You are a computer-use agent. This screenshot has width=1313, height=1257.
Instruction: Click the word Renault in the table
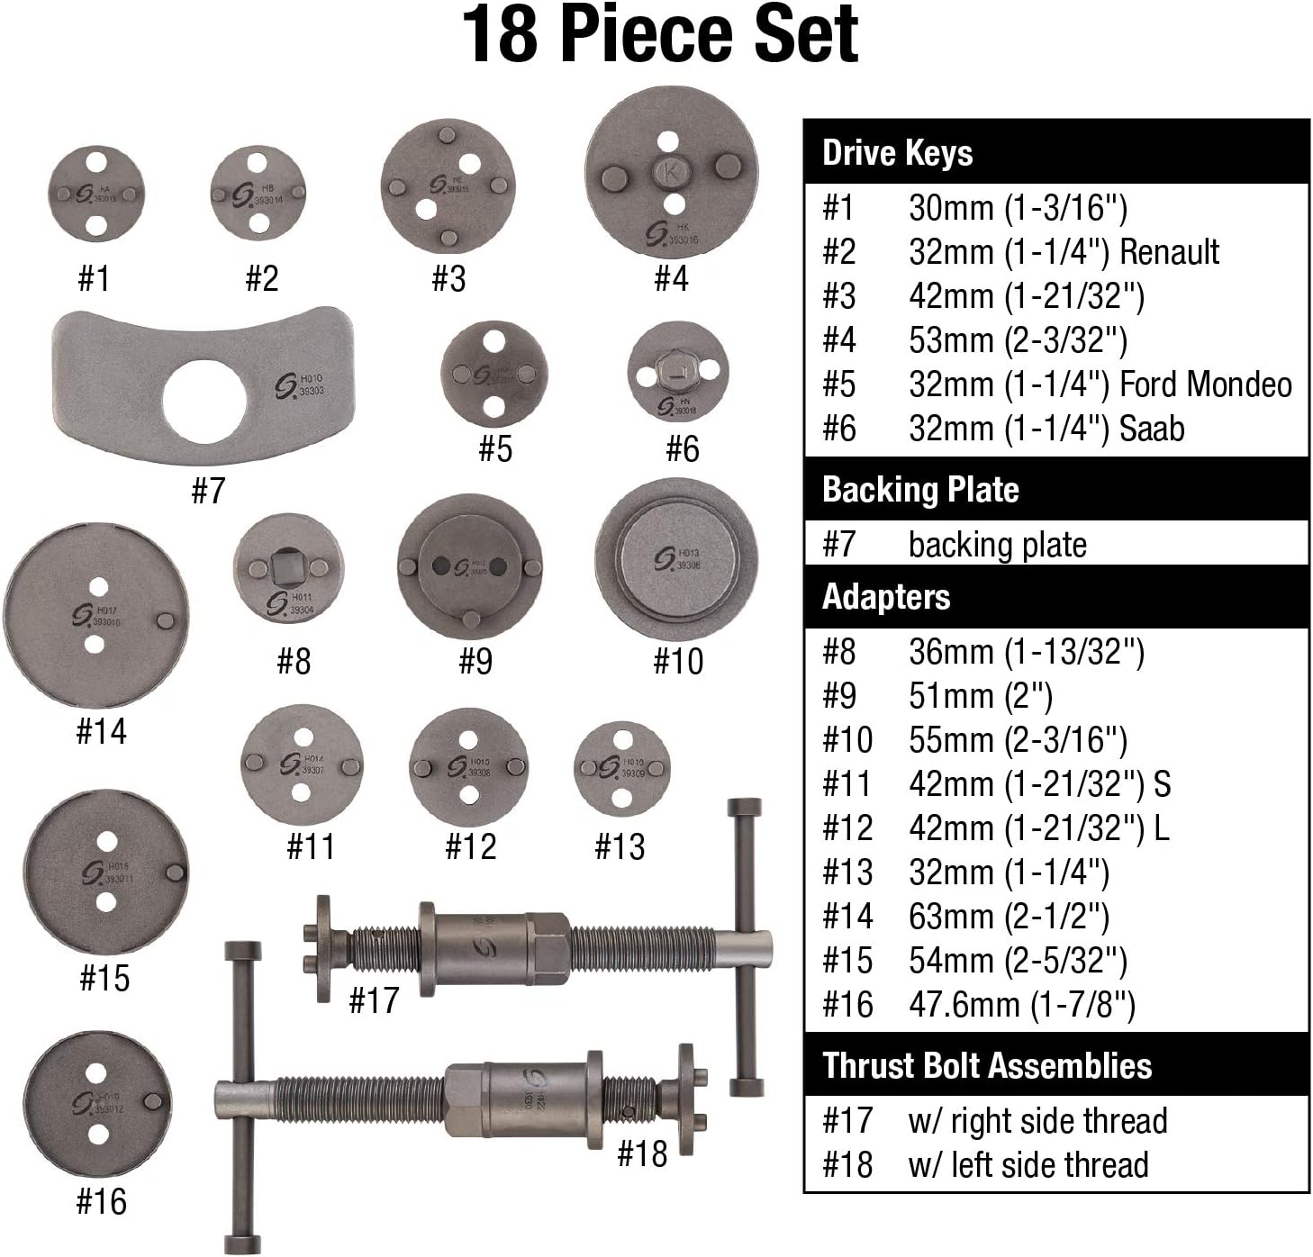click(1168, 252)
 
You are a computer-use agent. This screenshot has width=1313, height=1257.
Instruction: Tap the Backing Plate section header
click(920, 490)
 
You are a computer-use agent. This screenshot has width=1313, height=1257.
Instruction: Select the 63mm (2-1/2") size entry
click(1009, 917)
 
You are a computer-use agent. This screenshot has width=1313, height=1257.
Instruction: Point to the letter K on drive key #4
click(670, 168)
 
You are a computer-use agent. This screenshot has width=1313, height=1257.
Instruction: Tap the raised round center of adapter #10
click(675, 558)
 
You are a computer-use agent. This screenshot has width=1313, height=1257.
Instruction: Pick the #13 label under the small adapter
click(620, 846)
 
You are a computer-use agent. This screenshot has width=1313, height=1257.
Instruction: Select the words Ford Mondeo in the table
click(1205, 384)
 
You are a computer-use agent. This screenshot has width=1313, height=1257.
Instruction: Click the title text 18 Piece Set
click(660, 34)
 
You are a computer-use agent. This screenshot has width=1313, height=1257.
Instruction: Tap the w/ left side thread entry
click(1028, 1164)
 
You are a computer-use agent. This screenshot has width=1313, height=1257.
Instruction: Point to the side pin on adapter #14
click(165, 620)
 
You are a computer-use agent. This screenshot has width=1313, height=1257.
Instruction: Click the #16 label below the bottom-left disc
click(102, 1201)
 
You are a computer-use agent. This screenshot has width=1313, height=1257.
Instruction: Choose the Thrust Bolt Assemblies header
click(986, 1065)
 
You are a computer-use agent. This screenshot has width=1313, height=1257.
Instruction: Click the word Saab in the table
click(1151, 429)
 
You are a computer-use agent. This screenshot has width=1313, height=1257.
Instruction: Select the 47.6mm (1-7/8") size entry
click(1021, 1005)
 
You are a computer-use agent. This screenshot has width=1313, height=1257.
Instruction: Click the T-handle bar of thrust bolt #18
click(242, 1094)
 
